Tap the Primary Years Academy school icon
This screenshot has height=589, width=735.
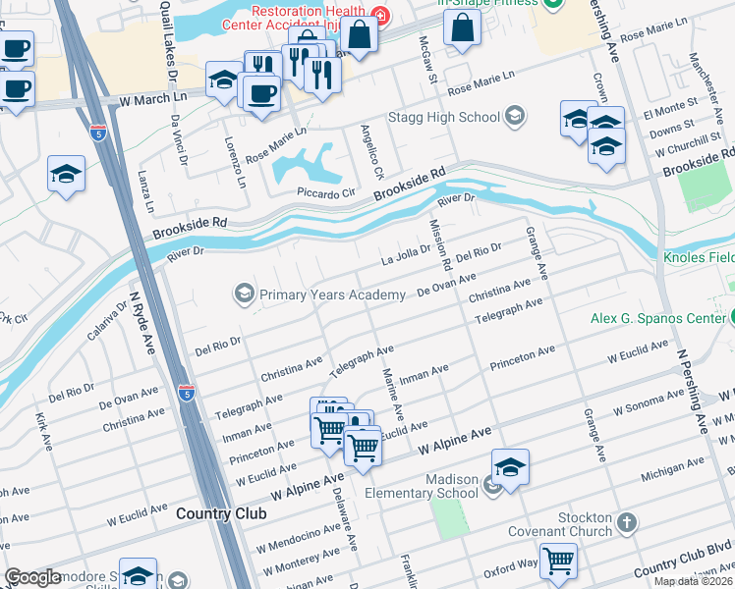(242, 294)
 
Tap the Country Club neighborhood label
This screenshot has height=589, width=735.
(216, 513)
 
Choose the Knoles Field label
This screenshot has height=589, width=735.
(700, 256)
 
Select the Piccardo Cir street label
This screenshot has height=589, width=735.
(325, 193)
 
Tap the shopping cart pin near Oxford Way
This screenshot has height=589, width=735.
(559, 561)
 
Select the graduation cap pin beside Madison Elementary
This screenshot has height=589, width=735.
(510, 468)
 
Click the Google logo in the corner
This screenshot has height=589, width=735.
(32, 578)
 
